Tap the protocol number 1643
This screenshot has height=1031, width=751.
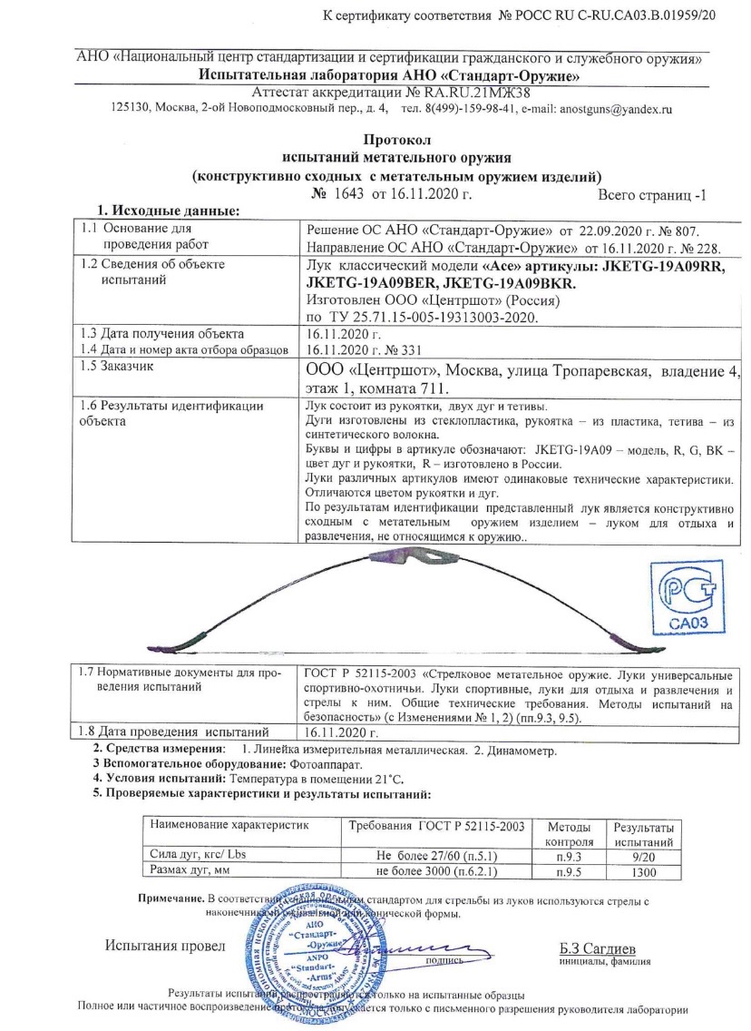click(350, 193)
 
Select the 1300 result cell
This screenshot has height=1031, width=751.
click(643, 872)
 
